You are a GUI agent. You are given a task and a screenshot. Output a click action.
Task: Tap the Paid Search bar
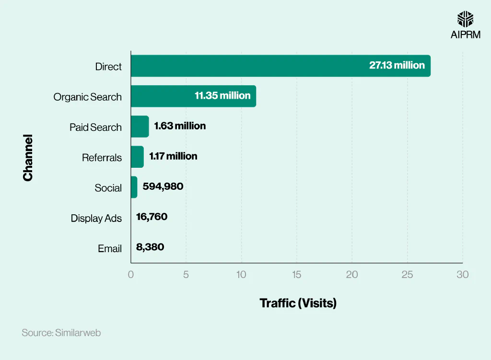point(140,127)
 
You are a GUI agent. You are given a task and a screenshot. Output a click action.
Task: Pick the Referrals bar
point(137,157)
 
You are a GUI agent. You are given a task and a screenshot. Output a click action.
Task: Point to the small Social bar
point(134,187)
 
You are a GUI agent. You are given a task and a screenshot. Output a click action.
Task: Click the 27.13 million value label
point(397,66)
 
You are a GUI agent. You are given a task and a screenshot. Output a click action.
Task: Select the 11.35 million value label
point(222,96)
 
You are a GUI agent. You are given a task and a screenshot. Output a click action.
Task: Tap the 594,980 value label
point(163,186)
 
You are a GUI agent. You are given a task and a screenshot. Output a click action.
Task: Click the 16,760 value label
point(152,217)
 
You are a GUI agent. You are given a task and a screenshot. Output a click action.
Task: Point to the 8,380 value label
point(150,247)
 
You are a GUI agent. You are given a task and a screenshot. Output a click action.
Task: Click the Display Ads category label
point(96,219)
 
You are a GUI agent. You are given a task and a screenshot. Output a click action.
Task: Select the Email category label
point(110,249)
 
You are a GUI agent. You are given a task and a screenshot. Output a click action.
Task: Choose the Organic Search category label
point(87,97)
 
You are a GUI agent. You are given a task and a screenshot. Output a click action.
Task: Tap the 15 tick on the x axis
point(296,275)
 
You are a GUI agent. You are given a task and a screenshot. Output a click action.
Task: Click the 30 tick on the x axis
point(462,275)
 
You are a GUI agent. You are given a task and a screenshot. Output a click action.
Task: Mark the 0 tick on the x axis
point(131,275)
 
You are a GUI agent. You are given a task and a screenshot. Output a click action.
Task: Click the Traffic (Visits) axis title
point(298,303)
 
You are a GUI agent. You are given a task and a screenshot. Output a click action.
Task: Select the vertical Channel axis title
point(28,158)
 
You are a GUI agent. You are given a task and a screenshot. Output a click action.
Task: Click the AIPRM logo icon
point(465,19)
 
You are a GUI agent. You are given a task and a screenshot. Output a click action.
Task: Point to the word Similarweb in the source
point(78,333)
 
